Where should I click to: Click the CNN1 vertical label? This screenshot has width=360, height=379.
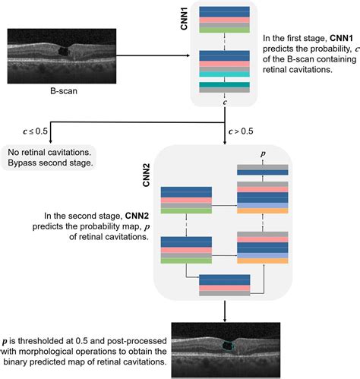(x=183, y=16)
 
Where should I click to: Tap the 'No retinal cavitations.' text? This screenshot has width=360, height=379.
(x=49, y=152)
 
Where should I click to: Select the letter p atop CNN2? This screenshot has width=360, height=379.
(x=263, y=153)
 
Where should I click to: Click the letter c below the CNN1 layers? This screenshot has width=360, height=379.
(x=225, y=99)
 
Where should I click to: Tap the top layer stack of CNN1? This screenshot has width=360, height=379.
(x=225, y=20)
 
